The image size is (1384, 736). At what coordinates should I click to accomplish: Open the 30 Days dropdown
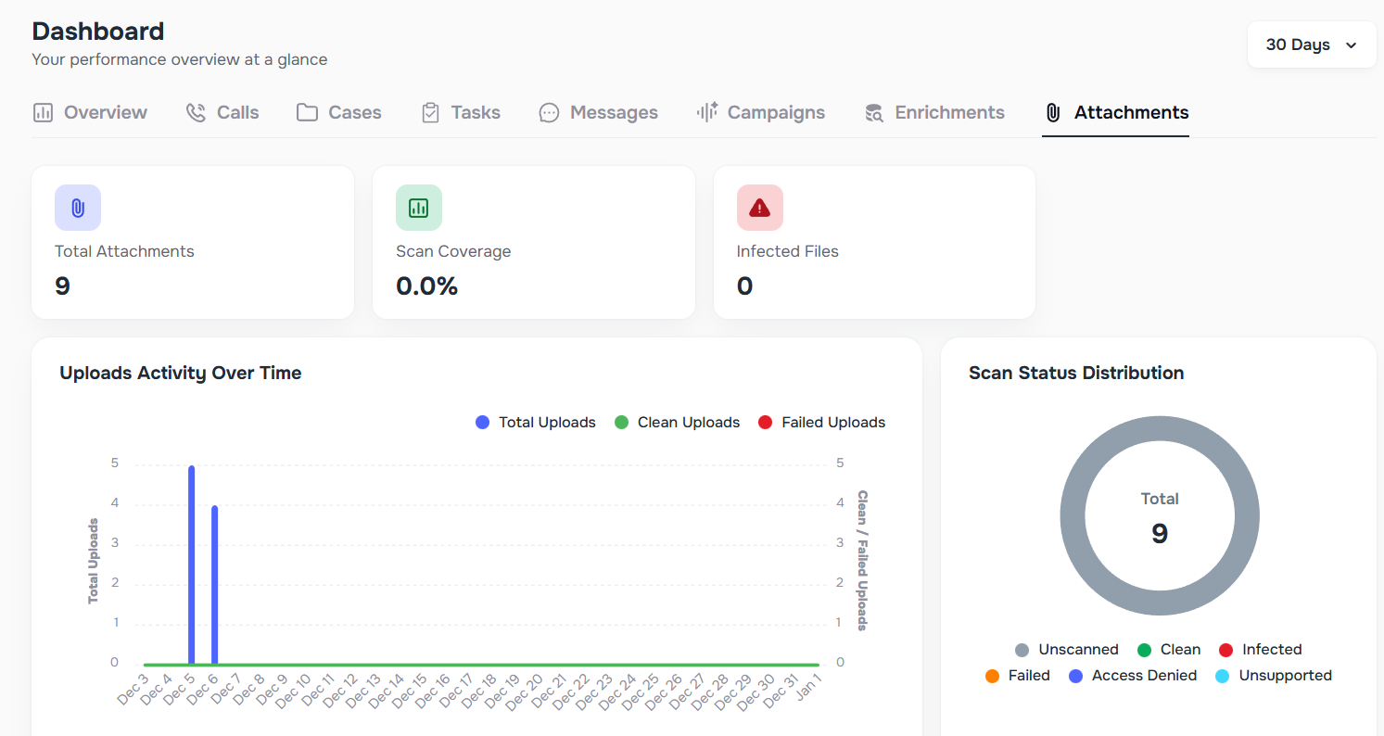(1311, 44)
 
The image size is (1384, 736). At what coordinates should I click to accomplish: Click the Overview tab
(90, 112)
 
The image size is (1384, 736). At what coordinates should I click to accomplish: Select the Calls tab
(222, 112)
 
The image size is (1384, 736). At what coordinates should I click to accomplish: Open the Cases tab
(338, 112)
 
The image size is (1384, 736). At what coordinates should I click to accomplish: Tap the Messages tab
(598, 112)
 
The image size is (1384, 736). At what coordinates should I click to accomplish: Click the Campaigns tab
(760, 112)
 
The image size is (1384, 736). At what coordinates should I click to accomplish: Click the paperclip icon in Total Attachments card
(78, 208)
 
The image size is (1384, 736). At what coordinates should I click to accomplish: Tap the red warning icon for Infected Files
(760, 208)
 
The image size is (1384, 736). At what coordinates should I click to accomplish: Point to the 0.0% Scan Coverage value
(426, 286)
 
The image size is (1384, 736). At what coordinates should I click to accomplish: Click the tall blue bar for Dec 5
(192, 565)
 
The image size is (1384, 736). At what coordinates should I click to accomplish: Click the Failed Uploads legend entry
(821, 423)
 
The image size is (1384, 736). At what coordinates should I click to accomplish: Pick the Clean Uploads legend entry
(677, 423)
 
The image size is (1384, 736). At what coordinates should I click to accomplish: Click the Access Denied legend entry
(1133, 676)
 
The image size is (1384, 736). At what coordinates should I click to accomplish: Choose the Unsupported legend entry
(1273, 676)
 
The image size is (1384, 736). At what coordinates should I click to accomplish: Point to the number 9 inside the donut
(1160, 533)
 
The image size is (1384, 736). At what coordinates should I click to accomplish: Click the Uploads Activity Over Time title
(181, 373)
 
